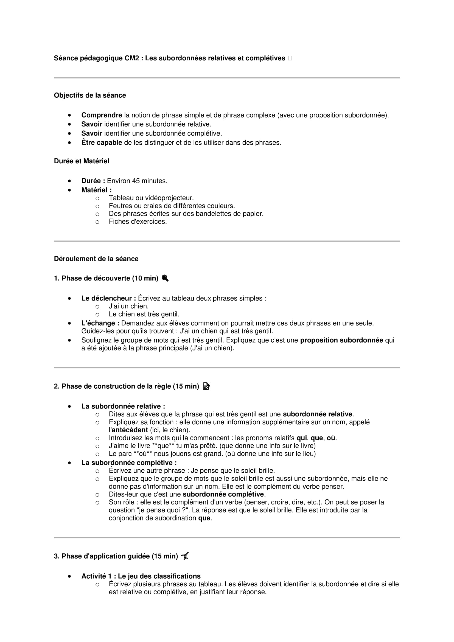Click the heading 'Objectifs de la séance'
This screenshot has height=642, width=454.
coord(90,95)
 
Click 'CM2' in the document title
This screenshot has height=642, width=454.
coord(132,58)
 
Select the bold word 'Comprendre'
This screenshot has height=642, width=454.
coord(102,115)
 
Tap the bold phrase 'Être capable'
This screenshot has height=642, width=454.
coord(102,143)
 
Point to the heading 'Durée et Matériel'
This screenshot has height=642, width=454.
coord(81,161)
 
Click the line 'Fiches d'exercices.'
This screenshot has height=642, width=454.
coord(138,222)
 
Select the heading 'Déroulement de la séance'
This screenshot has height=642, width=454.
coord(96,259)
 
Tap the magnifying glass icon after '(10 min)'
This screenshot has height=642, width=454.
coord(165,278)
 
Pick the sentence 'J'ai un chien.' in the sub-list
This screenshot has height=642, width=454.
coord(128,306)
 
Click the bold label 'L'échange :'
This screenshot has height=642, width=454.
coord(100,323)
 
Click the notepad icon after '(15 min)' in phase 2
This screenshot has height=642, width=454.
coord(206,386)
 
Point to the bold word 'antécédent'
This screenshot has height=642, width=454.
coord(130,430)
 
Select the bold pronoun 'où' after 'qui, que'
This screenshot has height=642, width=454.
coord(331,438)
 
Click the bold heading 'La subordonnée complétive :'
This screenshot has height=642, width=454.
coord(129,463)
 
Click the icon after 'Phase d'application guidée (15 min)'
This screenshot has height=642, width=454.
coord(185,556)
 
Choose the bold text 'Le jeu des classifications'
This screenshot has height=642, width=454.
coord(159,576)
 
